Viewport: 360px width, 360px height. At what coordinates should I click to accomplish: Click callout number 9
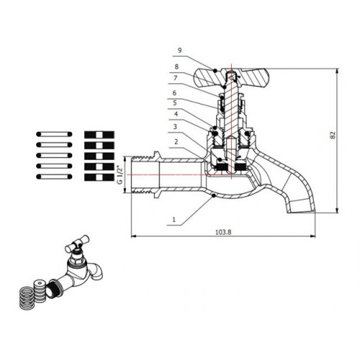click(180, 50)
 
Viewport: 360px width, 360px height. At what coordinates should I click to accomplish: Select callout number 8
click(176, 67)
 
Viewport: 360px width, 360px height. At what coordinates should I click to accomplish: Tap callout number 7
click(176, 78)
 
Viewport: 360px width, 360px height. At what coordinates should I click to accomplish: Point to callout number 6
click(174, 93)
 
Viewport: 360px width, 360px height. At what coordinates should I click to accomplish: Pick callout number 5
click(175, 103)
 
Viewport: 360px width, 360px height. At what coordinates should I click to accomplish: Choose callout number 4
click(176, 114)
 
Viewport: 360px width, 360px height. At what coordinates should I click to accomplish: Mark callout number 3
click(175, 127)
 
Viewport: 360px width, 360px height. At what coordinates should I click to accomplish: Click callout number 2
click(176, 142)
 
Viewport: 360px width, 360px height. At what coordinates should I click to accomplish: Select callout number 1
click(174, 219)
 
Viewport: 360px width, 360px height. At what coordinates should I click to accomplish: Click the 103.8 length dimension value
click(223, 232)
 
